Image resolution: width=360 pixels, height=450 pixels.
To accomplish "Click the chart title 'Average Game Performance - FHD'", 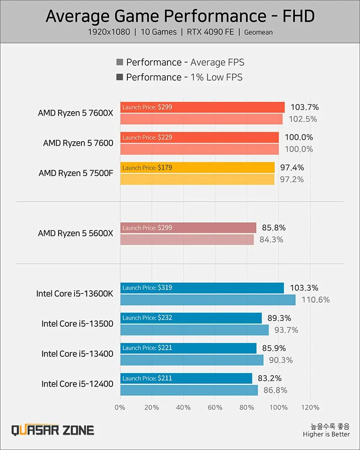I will click(180, 17).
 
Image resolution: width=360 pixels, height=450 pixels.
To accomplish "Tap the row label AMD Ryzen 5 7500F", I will click(76, 173).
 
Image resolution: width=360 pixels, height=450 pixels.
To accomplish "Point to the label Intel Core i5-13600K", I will click(75, 293).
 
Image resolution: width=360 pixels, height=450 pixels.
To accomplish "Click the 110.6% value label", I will click(315, 300).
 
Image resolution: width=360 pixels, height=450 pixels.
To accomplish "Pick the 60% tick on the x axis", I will click(215, 407).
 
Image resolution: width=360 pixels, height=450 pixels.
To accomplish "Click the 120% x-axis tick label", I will click(310, 407).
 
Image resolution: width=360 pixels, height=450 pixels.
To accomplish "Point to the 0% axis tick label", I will click(120, 407).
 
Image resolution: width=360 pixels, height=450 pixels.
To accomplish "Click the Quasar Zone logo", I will click(53, 430).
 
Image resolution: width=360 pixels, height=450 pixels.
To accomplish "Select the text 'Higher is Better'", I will click(326, 434).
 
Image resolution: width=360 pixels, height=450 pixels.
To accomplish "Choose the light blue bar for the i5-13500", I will click(194, 330).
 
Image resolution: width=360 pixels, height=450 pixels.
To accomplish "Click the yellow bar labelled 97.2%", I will click(197, 180).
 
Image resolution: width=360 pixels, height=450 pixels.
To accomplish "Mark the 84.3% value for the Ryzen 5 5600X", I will click(271, 240).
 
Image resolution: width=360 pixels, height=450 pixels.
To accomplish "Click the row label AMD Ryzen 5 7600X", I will click(76, 113).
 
